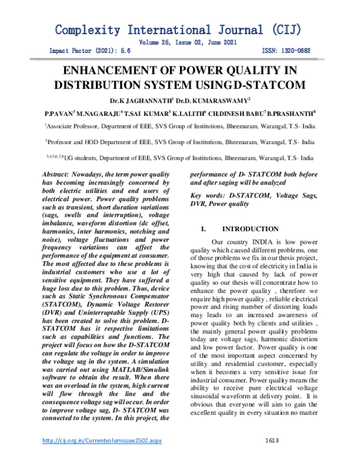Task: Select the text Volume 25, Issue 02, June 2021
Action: pos(188,42)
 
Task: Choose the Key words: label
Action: pos(208,196)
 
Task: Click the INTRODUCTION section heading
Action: pos(250,229)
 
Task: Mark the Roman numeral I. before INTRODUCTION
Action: pos(203,229)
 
